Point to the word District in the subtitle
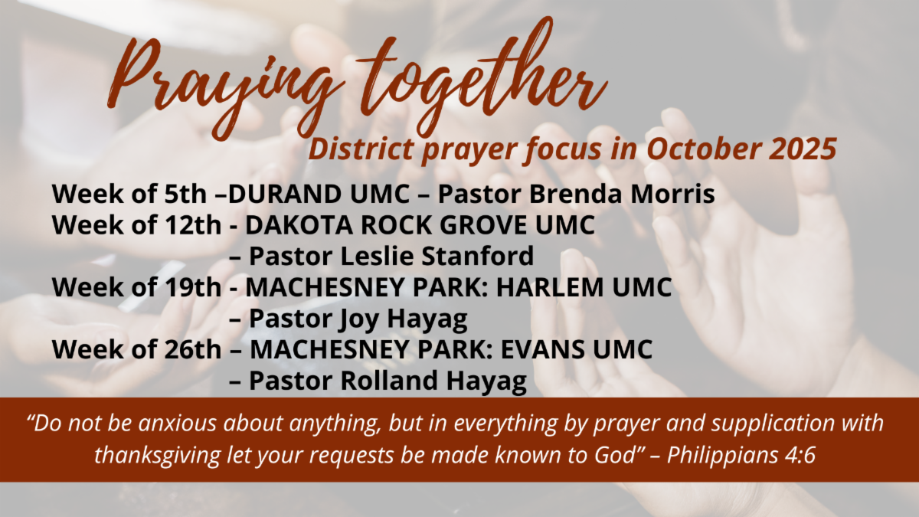click(361, 149)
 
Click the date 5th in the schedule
click(185, 194)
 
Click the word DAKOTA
click(299, 225)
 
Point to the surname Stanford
click(478, 256)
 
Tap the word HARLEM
click(550, 287)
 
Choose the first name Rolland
click(389, 381)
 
